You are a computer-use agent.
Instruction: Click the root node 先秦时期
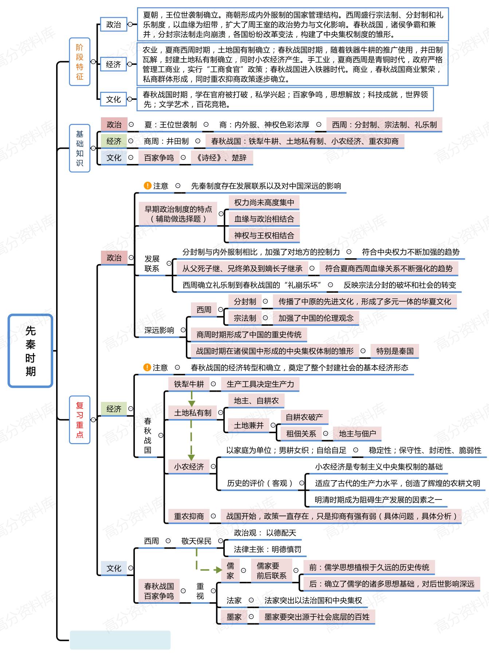coord(31,350)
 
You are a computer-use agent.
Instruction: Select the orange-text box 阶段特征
coord(79,62)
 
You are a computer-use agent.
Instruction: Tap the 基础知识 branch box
coord(79,148)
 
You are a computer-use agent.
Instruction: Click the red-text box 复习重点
coord(79,420)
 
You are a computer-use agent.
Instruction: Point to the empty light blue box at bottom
coord(120,640)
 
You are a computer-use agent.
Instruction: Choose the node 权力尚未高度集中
coord(264,203)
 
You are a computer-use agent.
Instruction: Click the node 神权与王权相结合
coord(264,235)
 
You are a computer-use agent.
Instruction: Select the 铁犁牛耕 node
coord(189,384)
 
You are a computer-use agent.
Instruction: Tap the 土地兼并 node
coord(249,425)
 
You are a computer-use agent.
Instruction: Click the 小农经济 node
coord(189,466)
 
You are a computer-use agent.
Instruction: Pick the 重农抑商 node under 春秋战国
coord(189,516)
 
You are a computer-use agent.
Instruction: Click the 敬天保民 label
coord(196,541)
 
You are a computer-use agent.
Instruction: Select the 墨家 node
coord(234,617)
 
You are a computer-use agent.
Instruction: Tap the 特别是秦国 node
coord(395,351)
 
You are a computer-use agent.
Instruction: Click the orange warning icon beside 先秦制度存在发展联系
coord(148,186)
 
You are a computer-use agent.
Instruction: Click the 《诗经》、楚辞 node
coord(222,158)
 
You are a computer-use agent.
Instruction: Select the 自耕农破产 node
coord(304,417)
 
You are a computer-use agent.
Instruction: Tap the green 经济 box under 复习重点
coord(114,409)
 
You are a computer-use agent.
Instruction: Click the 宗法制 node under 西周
coord(245,318)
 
